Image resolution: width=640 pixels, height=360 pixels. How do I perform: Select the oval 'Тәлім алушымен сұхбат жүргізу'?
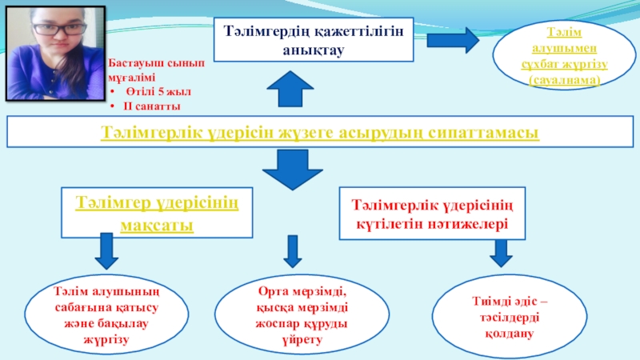[x=565, y=54]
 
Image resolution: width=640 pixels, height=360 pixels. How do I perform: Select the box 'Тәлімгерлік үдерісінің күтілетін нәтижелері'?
[x=433, y=213]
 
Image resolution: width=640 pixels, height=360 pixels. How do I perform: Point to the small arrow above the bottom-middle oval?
[x=293, y=251]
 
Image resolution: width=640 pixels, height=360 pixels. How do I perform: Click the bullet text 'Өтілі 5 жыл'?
[x=157, y=92]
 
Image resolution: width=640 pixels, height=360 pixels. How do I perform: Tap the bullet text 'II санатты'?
[x=153, y=105]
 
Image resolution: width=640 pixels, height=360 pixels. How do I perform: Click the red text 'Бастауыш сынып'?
[x=145, y=63]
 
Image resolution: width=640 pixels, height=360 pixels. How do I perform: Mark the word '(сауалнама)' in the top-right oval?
[x=565, y=81]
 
